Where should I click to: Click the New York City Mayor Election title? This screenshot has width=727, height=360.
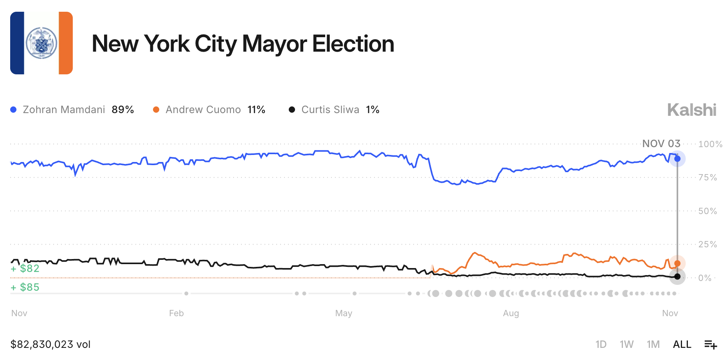click(243, 43)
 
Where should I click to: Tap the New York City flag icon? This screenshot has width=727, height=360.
click(41, 43)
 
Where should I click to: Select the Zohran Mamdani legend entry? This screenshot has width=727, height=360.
click(72, 110)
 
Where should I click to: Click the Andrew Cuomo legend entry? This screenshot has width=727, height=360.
click(209, 110)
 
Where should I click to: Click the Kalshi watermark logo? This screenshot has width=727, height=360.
click(691, 110)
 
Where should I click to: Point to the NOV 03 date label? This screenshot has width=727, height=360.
click(661, 144)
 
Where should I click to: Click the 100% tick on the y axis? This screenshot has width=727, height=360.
click(710, 144)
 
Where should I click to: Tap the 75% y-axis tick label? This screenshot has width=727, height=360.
click(708, 178)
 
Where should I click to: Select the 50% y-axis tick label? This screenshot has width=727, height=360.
click(708, 211)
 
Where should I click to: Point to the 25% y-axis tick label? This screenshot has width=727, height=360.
click(708, 245)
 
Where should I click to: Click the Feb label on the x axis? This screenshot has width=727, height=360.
click(176, 313)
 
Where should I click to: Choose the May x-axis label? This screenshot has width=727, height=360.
click(344, 313)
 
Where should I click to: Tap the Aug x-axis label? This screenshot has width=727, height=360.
click(511, 313)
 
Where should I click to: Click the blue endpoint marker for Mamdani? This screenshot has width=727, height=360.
click(677, 159)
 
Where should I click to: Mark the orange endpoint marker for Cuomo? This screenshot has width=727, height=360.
click(677, 263)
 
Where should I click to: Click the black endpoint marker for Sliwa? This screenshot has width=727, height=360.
click(677, 277)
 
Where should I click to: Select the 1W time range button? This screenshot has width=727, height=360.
click(626, 344)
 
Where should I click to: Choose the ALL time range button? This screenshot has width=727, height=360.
click(682, 344)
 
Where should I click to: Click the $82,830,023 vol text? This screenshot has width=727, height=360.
click(50, 344)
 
